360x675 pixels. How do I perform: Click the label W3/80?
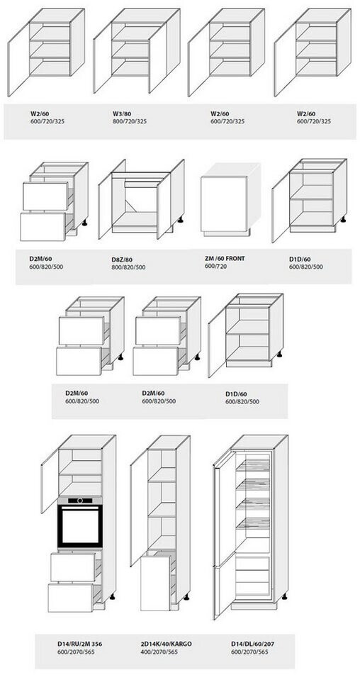coord(121,113)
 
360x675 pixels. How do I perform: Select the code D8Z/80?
coord(122,260)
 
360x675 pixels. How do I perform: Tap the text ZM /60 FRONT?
coord(225,259)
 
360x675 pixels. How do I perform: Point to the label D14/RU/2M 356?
coord(80,644)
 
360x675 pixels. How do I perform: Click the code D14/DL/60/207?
coord(252,644)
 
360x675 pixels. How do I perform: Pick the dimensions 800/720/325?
coord(130,121)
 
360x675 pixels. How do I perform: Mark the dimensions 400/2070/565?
coord(159,652)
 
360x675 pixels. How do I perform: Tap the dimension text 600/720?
coord(216,267)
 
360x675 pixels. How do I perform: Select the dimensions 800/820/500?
coord(128,267)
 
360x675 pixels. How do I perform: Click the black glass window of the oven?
coord(80,527)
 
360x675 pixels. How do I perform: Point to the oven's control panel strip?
coord(80,501)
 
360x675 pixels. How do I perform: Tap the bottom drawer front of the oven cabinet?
coord(70,598)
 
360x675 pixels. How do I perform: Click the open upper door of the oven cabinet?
coord(50,479)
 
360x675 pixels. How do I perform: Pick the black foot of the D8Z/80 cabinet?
coord(180,220)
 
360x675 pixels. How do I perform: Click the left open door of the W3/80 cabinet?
coord(102,57)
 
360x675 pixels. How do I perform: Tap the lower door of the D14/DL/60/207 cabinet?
coord(224,591)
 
